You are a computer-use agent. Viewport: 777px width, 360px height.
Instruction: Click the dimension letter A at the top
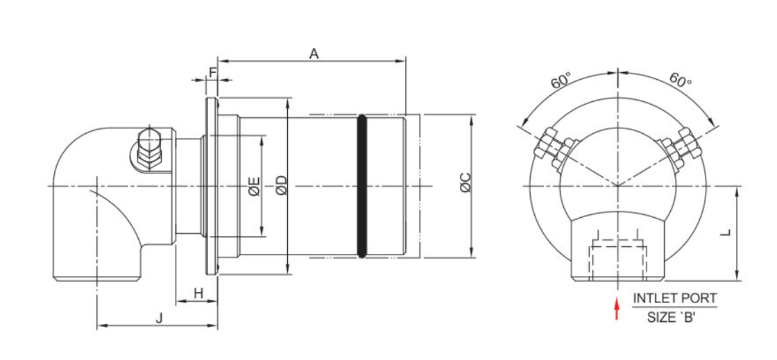[314, 53]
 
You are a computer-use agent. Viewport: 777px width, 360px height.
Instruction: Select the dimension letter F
[213, 71]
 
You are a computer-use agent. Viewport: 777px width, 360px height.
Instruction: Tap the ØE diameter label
[254, 187]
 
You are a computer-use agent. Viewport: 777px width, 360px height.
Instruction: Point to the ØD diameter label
[280, 187]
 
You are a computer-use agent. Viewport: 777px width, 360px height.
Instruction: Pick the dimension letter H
[198, 293]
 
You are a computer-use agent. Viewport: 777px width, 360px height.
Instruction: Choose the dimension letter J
[159, 318]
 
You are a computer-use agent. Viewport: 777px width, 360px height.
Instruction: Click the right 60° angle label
[681, 80]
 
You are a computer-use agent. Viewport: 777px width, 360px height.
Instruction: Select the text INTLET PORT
[674, 299]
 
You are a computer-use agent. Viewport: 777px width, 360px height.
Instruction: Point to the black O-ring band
[361, 187]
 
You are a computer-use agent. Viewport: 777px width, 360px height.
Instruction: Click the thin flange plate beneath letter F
[211, 187]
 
